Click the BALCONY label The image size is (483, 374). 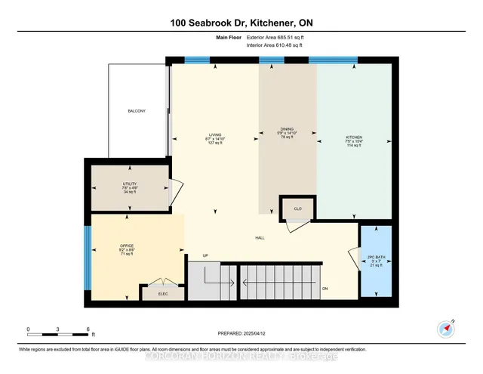coord(136,112)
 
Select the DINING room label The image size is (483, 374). coord(287,129)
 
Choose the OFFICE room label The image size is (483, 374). coord(126,246)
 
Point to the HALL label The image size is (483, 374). coord(259,237)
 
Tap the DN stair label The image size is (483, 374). coord(325,289)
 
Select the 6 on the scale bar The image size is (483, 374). coord(88,329)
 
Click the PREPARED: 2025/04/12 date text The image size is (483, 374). coord(241,334)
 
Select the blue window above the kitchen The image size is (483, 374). coord(333,60)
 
